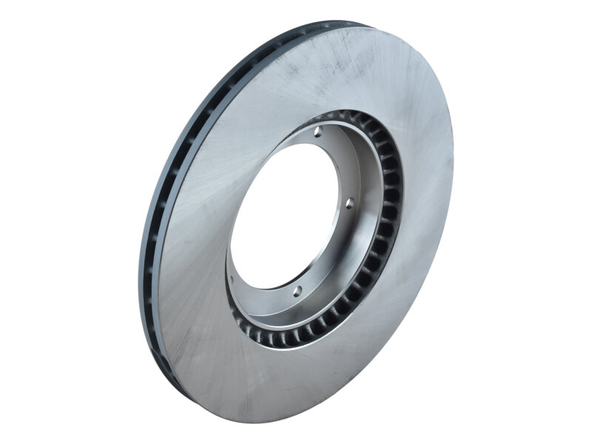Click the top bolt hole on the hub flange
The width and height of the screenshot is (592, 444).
tap(317, 134)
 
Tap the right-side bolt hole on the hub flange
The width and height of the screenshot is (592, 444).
tap(350, 202)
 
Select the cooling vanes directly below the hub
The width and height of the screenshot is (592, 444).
tap(296, 337)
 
